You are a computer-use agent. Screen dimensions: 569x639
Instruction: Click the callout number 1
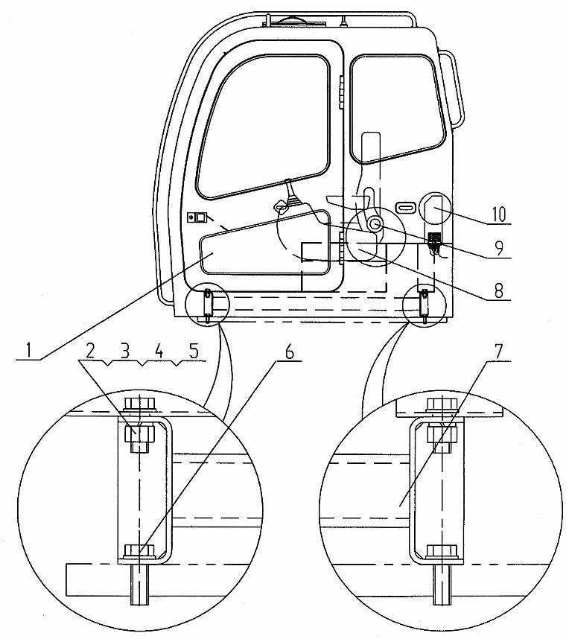28,350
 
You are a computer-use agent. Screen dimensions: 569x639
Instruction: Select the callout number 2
90,350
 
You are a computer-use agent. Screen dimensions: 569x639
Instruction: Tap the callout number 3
125,350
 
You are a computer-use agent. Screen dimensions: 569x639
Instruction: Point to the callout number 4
159,350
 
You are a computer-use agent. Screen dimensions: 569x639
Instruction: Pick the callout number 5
194,350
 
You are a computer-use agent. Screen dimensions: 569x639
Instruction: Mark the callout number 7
499,352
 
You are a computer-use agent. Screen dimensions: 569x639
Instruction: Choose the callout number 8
499,290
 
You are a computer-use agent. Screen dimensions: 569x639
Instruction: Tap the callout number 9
499,248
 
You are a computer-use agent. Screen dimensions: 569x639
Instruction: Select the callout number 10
499,214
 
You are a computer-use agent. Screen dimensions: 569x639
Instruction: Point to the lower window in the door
264,243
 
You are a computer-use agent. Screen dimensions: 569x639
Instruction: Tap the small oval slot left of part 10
406,208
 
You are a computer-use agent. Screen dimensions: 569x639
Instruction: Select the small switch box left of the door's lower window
197,217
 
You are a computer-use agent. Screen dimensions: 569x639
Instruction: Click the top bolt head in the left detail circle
139,404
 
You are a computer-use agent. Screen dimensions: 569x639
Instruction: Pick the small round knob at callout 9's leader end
374,223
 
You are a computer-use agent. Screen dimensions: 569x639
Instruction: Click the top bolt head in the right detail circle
442,405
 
